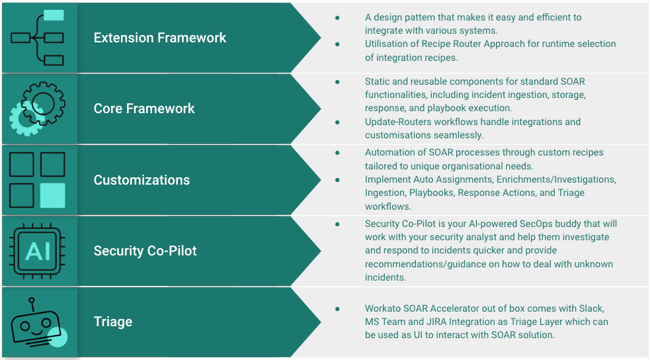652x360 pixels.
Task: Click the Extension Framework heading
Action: click(x=160, y=38)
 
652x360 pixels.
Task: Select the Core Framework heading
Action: click(x=144, y=109)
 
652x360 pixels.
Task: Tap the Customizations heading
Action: click(x=142, y=180)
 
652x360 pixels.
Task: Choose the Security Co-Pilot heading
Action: click(x=145, y=251)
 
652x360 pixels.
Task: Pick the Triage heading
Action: click(x=113, y=322)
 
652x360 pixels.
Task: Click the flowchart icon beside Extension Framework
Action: click(x=38, y=38)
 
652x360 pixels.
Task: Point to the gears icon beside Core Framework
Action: click(x=38, y=109)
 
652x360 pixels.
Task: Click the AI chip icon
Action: click(x=38, y=251)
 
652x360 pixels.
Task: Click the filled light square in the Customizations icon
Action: click(x=52, y=195)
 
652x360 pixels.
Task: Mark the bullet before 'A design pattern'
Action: click(x=338, y=17)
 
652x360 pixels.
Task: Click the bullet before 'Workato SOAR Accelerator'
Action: click(x=338, y=308)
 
